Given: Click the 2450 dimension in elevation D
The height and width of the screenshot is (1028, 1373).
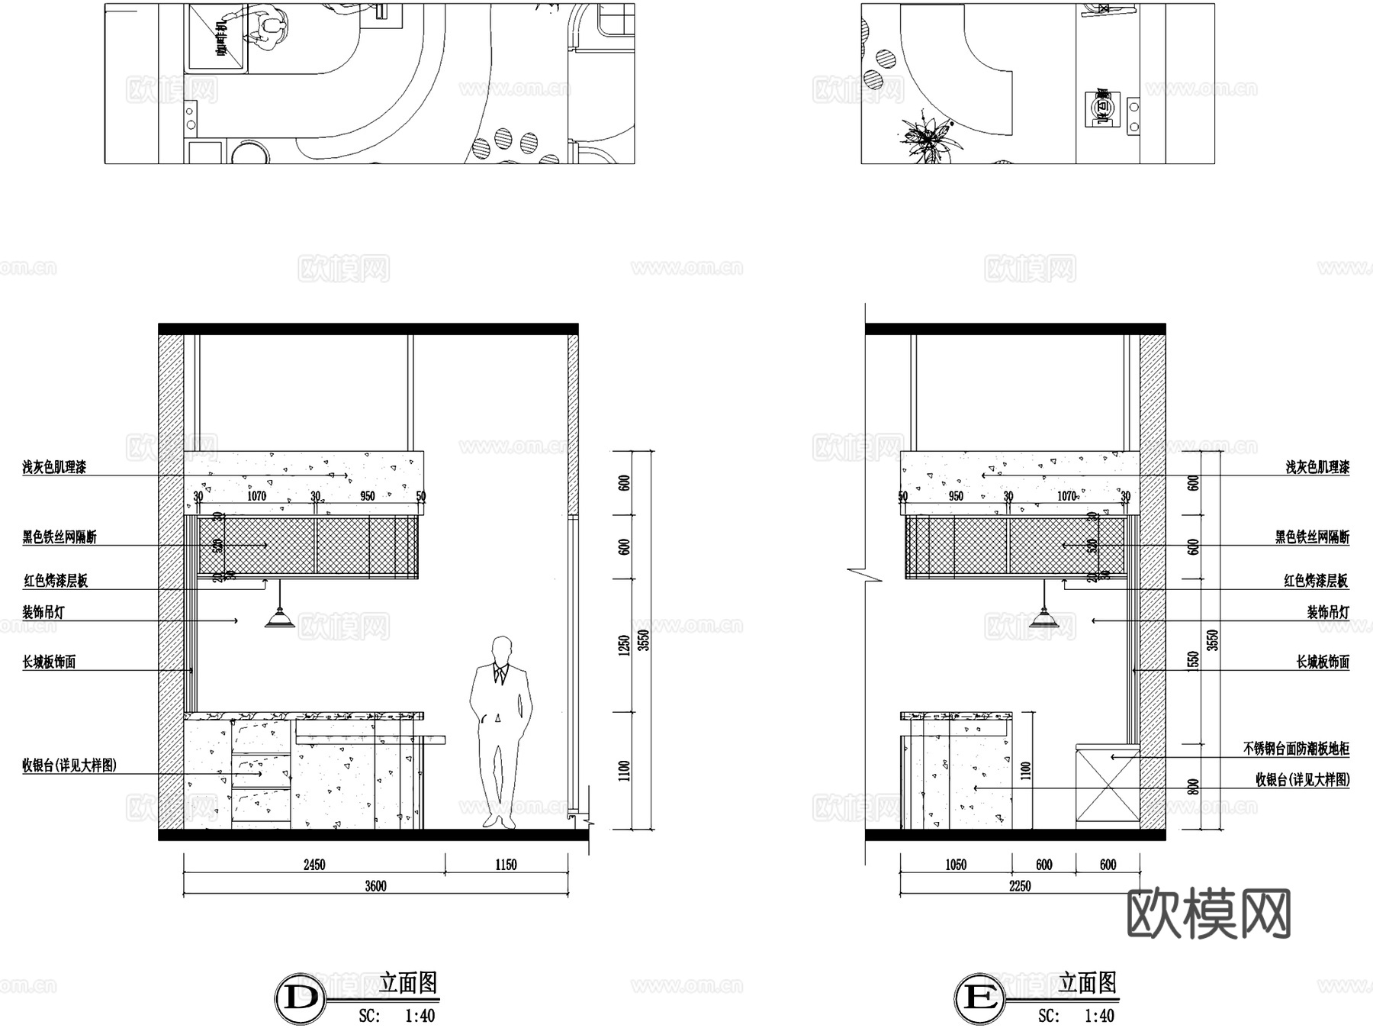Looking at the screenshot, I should pos(314,865).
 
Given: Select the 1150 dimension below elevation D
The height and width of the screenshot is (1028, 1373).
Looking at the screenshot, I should pos(506,865).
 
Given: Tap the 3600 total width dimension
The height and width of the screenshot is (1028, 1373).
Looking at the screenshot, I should pos(375,886).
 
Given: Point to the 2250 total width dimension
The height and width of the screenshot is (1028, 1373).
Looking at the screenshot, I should pos(1020,886).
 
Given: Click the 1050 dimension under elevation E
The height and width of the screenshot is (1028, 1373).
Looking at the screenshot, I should pos(956,865).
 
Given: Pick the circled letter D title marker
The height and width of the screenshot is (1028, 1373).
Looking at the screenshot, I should pos(300,997).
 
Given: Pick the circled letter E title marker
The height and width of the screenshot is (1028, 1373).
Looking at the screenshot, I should pos(979,997).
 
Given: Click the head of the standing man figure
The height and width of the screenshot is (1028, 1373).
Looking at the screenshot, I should pos(501,649).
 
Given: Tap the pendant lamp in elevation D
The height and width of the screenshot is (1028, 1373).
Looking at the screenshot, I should pos(280,618).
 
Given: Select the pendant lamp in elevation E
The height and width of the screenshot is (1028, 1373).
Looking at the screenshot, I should pos(1043,618).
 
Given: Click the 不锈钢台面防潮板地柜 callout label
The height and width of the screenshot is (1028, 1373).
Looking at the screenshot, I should pos(1296,749).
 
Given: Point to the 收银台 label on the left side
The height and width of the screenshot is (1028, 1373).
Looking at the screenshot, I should pos(69,765).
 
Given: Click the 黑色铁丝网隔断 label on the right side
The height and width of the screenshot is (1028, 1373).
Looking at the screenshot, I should pos(1312,537).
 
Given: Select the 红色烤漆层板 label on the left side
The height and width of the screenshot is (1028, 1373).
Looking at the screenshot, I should pos(56,581).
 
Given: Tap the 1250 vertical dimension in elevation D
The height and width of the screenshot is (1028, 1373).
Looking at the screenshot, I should pos(625,646).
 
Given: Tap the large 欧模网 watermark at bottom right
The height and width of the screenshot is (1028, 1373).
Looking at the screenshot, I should pos(1208,914).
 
